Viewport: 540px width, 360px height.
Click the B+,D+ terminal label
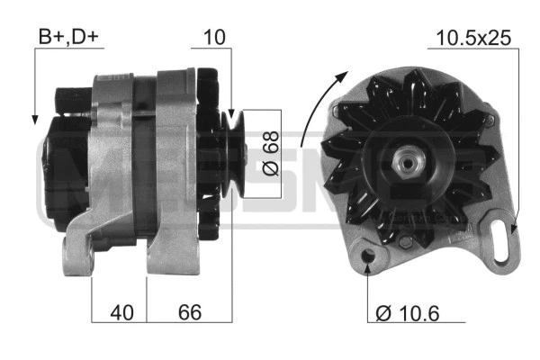(70, 37)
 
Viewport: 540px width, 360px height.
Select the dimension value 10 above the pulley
(214, 37)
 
